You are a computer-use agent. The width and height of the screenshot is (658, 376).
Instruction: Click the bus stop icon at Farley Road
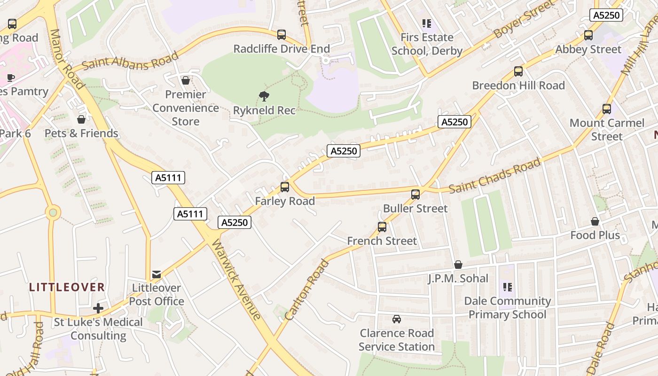[x=284, y=187]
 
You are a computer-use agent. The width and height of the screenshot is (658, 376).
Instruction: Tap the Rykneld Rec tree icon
[x=264, y=96]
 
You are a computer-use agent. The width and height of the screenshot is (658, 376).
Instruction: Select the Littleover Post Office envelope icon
[x=157, y=274]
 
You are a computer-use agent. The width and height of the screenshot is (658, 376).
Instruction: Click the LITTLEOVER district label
[x=67, y=287]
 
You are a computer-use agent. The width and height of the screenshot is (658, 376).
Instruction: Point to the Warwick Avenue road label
[x=236, y=280]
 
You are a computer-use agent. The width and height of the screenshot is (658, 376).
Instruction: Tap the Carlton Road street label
[x=306, y=290]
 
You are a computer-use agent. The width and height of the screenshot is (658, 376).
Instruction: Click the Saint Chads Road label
[x=494, y=176]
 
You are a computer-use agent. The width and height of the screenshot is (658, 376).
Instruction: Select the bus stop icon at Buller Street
[x=415, y=194]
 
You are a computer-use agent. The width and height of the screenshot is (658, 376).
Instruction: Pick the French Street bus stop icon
[x=382, y=227]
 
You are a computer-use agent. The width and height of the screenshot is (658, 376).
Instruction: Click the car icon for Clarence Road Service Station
[x=397, y=319]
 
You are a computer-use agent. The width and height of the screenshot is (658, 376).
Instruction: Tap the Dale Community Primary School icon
[x=507, y=287]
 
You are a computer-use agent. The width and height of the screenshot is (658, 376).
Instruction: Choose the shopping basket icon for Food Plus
[x=595, y=221]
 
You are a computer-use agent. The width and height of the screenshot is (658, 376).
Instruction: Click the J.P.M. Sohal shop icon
[x=458, y=265]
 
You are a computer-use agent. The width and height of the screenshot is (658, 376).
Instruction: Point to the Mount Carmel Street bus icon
[x=607, y=109]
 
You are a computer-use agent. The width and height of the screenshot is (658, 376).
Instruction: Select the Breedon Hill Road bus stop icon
[x=518, y=71]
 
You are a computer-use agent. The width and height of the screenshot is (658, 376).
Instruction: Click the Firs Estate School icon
[x=426, y=23]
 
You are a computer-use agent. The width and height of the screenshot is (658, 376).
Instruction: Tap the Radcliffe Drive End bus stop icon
[x=281, y=34]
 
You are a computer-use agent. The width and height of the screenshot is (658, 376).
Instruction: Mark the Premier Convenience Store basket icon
[x=186, y=80]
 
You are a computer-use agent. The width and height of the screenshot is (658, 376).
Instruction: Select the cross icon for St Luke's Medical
[x=98, y=308]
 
